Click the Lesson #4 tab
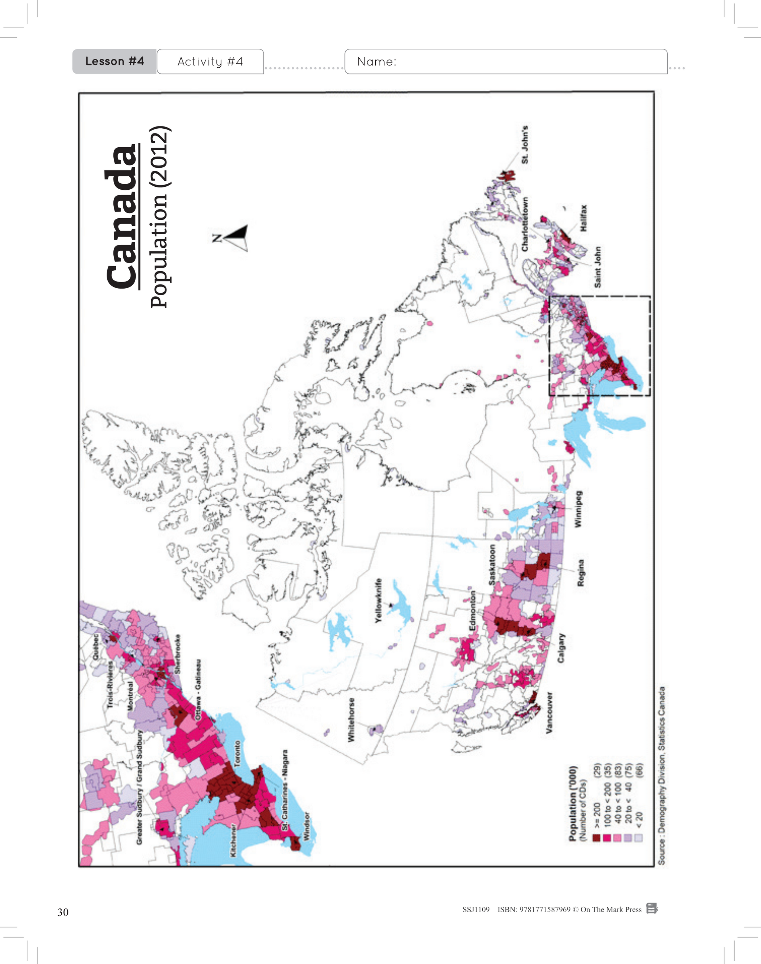click(x=114, y=61)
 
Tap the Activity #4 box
click(x=210, y=61)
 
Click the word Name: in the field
click(x=376, y=61)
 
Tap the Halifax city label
click(x=584, y=218)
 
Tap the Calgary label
click(x=561, y=648)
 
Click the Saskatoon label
click(x=492, y=565)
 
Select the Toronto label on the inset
click(x=237, y=753)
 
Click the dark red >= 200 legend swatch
click(x=596, y=838)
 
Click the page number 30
click(x=63, y=912)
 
